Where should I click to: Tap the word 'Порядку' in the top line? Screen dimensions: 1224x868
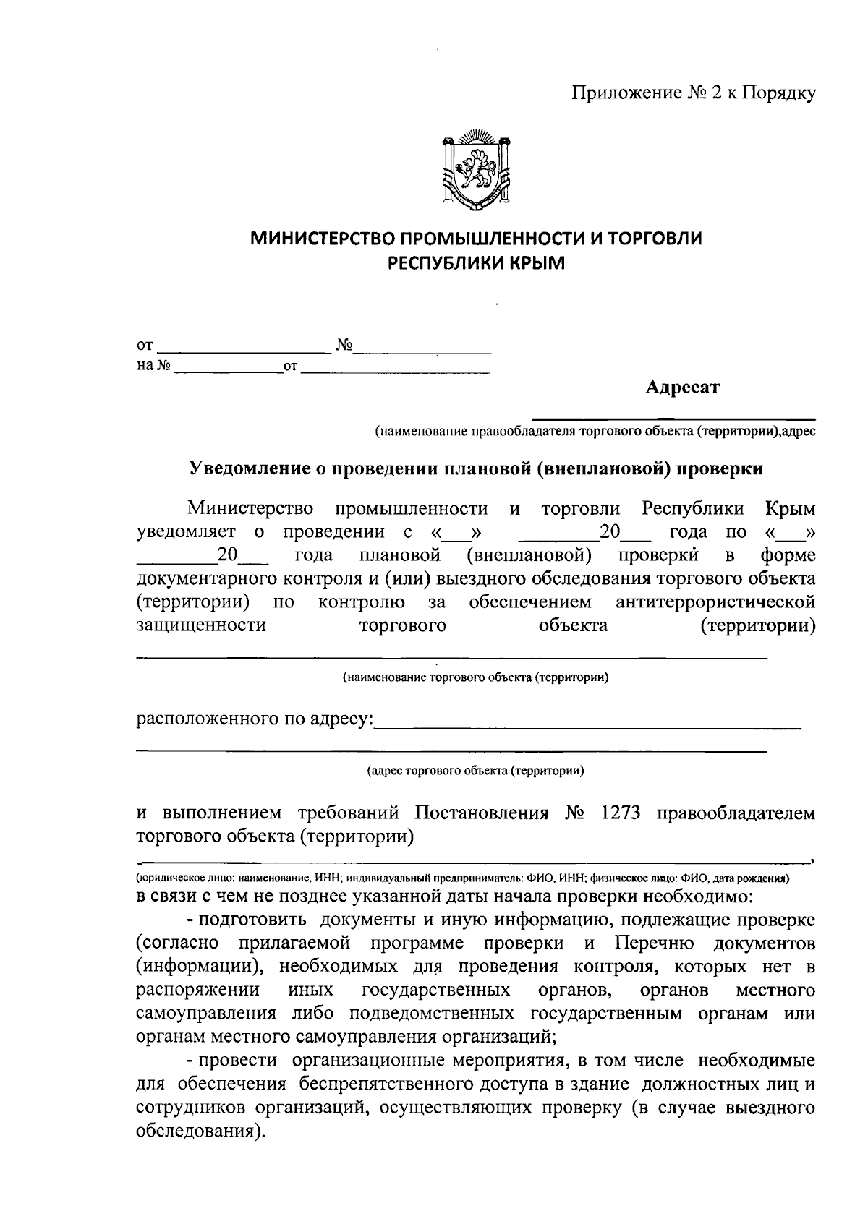coord(780,93)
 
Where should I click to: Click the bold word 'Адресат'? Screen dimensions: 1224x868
coord(683,388)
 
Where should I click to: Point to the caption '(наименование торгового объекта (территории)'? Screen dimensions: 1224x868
coord(475,678)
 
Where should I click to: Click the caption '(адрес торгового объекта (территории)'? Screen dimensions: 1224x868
coord(475,771)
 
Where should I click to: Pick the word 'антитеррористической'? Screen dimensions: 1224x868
coord(715,602)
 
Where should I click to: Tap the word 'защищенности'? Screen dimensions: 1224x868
coord(201,625)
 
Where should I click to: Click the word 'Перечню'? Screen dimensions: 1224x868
coord(655,943)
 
